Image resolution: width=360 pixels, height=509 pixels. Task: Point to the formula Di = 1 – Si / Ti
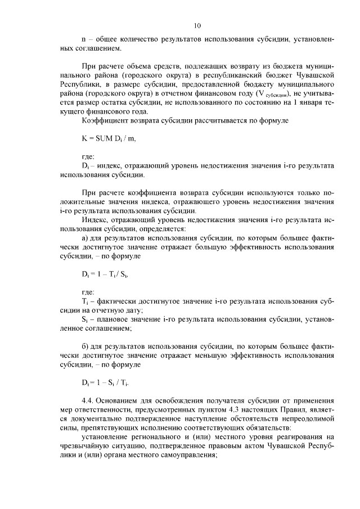click(106, 384)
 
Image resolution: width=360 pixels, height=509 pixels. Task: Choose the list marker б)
click(85, 346)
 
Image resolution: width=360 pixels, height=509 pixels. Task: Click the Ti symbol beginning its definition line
click(85, 302)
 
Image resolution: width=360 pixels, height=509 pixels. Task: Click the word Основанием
click(124, 400)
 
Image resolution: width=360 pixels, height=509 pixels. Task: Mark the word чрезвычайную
click(87, 446)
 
